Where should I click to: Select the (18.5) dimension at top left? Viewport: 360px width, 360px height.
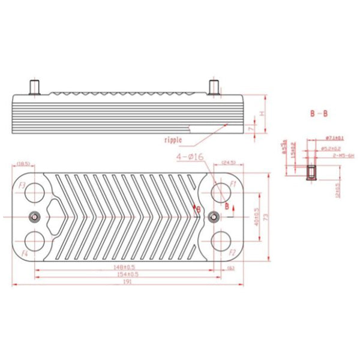click(x=23, y=163)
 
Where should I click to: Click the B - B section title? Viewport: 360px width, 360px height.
click(x=319, y=113)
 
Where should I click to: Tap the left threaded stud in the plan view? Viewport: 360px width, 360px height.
click(x=35, y=217)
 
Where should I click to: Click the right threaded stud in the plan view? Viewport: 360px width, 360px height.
click(x=212, y=217)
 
